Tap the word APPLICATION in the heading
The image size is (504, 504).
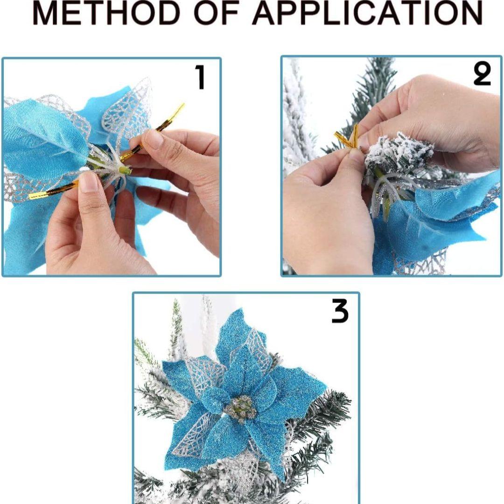pos(368,13)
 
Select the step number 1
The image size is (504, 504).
pos(200,77)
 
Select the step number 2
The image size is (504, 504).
pos(482,74)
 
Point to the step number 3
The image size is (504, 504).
pos(340,311)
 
